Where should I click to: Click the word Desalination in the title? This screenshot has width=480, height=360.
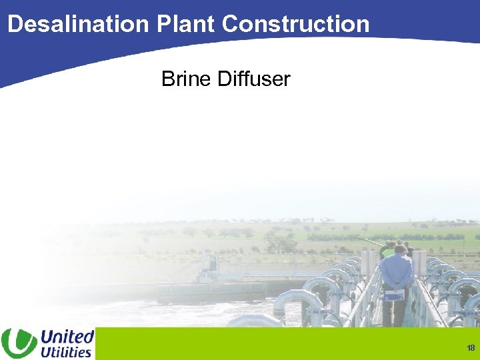(x=79, y=24)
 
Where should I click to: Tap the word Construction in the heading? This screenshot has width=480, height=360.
(x=295, y=24)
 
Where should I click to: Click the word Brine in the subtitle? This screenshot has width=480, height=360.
(x=187, y=79)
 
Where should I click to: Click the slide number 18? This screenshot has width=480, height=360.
(x=471, y=348)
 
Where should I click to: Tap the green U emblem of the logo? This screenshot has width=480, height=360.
(x=19, y=343)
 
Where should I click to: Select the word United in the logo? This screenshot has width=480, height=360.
(x=67, y=336)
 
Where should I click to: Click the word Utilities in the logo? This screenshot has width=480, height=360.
(x=66, y=351)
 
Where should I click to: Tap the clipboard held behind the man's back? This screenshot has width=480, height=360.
(x=395, y=294)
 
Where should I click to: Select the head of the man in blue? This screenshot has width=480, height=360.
(x=400, y=249)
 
